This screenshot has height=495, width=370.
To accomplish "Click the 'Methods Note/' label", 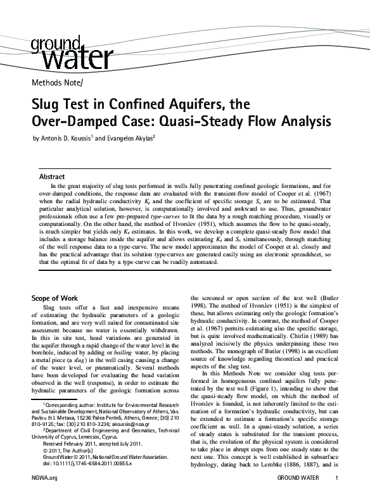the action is (56, 83).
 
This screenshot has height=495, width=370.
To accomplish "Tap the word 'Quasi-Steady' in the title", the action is (212, 120).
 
